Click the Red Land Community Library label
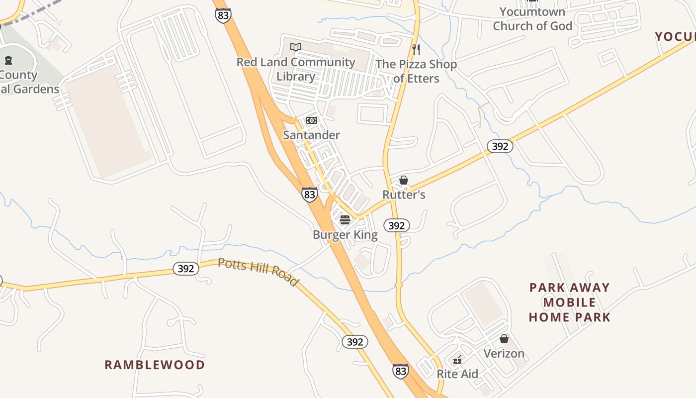click(x=296, y=69)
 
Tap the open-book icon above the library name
click(x=296, y=47)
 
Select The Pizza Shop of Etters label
click(x=416, y=71)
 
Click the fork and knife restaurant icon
click(x=416, y=50)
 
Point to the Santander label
click(x=311, y=135)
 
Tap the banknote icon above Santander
click(x=312, y=120)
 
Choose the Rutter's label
click(x=404, y=195)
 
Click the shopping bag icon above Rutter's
click(x=404, y=180)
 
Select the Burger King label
click(x=345, y=235)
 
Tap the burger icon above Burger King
click(x=345, y=219)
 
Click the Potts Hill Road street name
click(x=258, y=272)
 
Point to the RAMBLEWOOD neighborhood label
click(x=155, y=365)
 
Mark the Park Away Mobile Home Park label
click(x=569, y=302)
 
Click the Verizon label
click(x=504, y=353)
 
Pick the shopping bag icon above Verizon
click(x=504, y=339)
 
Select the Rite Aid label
click(x=457, y=374)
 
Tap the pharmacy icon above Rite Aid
click(x=457, y=359)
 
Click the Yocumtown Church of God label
click(x=532, y=18)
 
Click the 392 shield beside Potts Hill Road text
click(x=186, y=269)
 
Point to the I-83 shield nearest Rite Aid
click(x=401, y=371)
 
